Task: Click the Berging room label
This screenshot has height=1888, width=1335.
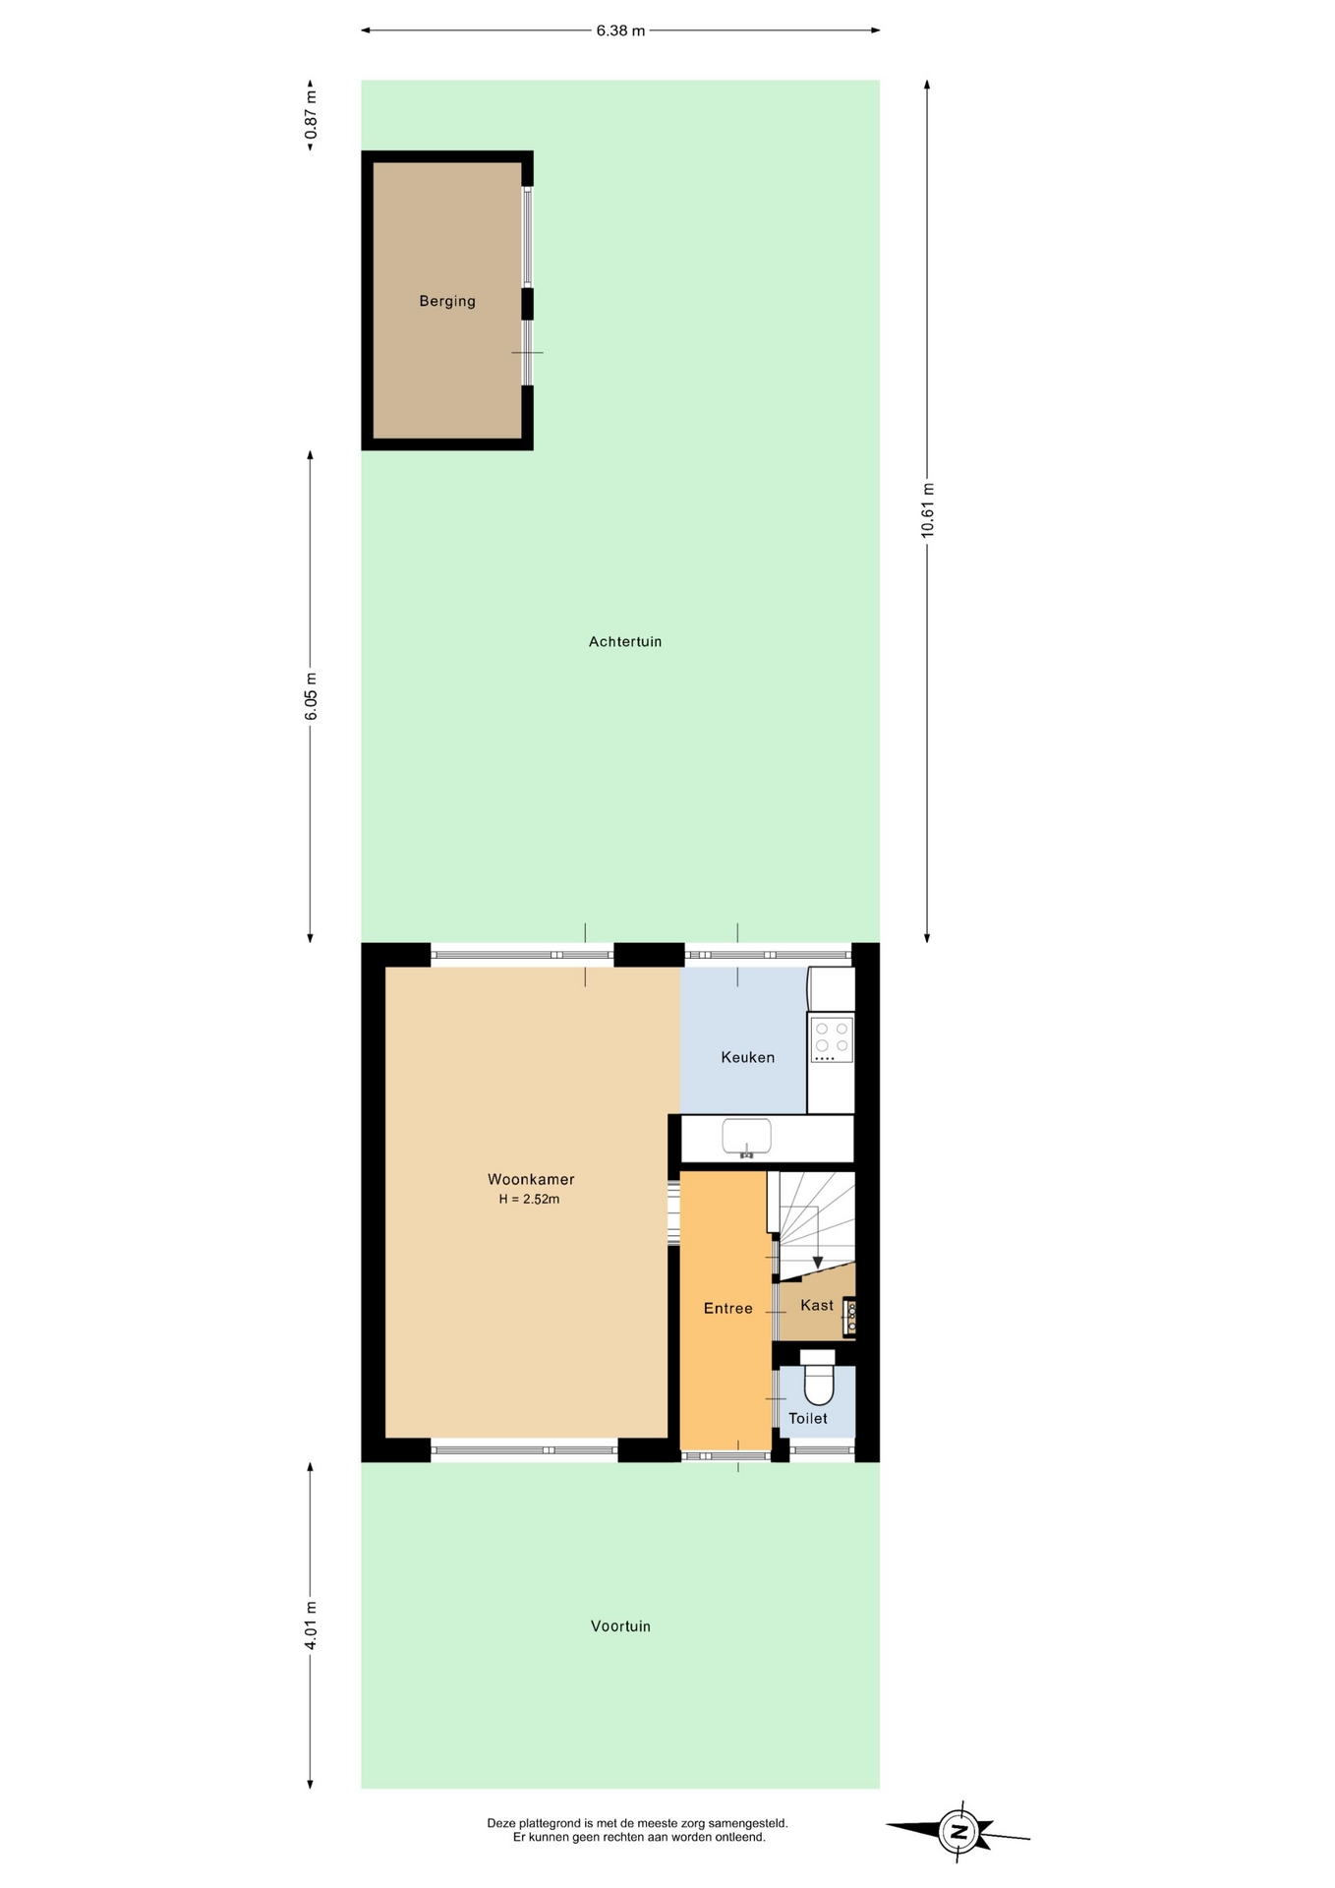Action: tap(447, 302)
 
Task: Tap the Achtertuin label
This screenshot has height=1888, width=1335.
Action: tap(625, 642)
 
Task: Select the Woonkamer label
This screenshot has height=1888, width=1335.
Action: tap(531, 1179)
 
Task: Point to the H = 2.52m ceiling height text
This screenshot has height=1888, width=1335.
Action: tap(529, 1200)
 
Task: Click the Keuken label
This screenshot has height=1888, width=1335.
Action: tap(748, 1058)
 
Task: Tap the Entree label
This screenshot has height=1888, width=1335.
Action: tap(728, 1309)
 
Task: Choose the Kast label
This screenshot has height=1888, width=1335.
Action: tap(817, 1306)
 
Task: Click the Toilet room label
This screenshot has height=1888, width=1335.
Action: tap(808, 1419)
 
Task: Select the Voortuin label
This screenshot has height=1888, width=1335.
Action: tap(620, 1626)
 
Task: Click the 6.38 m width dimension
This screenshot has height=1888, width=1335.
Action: tap(620, 30)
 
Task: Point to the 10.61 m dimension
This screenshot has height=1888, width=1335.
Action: tap(927, 510)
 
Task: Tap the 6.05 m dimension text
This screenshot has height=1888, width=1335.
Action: tap(311, 697)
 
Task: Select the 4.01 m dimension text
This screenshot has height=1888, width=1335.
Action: tap(311, 1625)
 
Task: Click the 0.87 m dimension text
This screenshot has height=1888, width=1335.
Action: tap(311, 114)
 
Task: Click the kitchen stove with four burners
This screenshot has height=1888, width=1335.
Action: tap(832, 1039)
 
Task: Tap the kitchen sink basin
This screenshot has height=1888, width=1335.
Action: tap(747, 1137)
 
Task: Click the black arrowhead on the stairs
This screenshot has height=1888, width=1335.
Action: tap(817, 1263)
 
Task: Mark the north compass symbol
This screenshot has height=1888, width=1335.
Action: tap(958, 1832)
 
